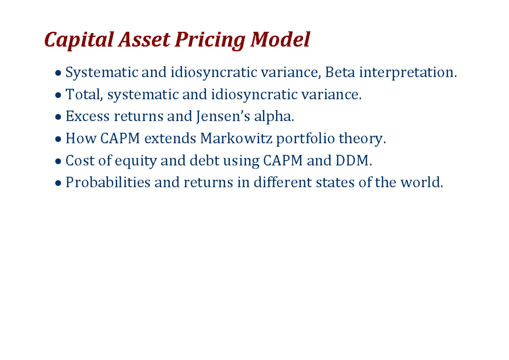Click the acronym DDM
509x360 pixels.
point(357,161)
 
